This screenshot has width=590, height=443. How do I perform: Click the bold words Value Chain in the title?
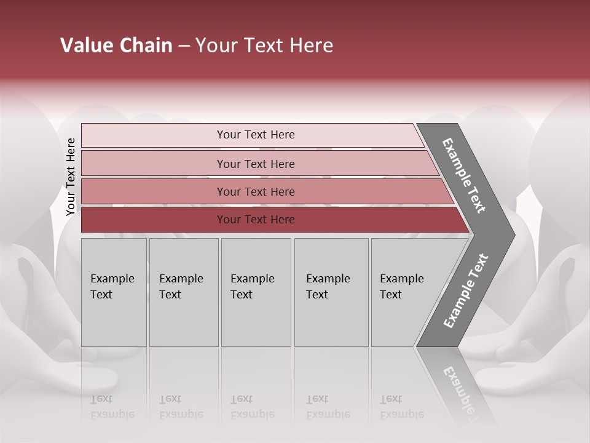click(116, 46)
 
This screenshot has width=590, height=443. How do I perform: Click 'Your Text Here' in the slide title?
click(264, 46)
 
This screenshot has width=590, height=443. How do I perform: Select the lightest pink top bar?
click(154, 135)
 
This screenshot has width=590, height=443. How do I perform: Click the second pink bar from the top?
click(154, 164)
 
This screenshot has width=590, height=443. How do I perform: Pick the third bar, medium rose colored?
click(154, 191)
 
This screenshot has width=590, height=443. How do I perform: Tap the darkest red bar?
click(154, 220)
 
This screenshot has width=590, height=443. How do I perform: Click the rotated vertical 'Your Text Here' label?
click(71, 177)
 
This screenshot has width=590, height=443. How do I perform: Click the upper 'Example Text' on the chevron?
click(464, 175)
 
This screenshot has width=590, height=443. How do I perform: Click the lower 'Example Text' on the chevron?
click(466, 291)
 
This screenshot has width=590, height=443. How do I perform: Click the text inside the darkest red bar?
click(256, 220)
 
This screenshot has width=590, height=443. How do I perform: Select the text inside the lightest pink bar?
click(256, 135)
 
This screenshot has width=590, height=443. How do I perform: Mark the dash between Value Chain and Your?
click(184, 46)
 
